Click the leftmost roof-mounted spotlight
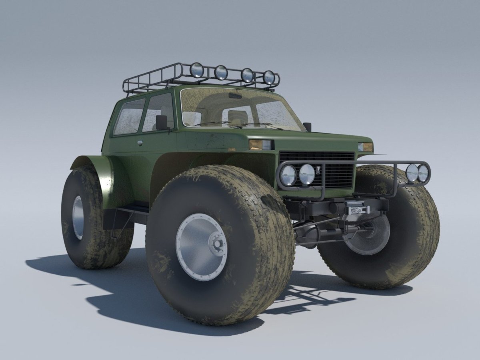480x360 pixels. coord(196,70)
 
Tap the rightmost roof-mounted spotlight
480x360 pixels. coord(269,78)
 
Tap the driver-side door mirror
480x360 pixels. coord(162,122)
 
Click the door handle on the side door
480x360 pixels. coord(140,142)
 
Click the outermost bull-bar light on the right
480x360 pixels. coord(423,173)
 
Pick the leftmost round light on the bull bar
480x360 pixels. coord(288,175)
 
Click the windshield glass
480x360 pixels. coord(240,108)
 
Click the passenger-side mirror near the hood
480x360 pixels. coord(307,126)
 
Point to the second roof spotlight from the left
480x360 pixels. coord(221,72)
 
